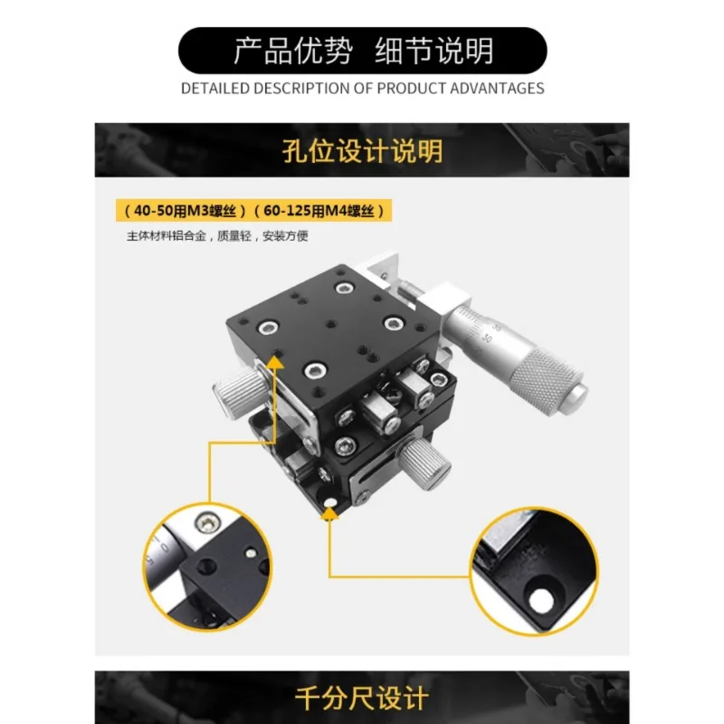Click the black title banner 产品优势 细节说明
click(x=363, y=51)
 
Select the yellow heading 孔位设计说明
click(x=363, y=150)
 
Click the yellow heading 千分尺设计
click(x=362, y=697)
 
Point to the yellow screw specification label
click(x=253, y=211)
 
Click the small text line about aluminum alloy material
click(x=217, y=236)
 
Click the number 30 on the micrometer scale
click(x=486, y=338)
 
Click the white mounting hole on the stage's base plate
click(x=331, y=502)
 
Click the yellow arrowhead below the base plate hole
click(x=329, y=514)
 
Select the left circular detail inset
click(x=207, y=567)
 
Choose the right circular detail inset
click(x=534, y=571)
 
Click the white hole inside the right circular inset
click(x=541, y=600)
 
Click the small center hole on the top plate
click(x=330, y=325)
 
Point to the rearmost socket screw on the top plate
click(x=344, y=289)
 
